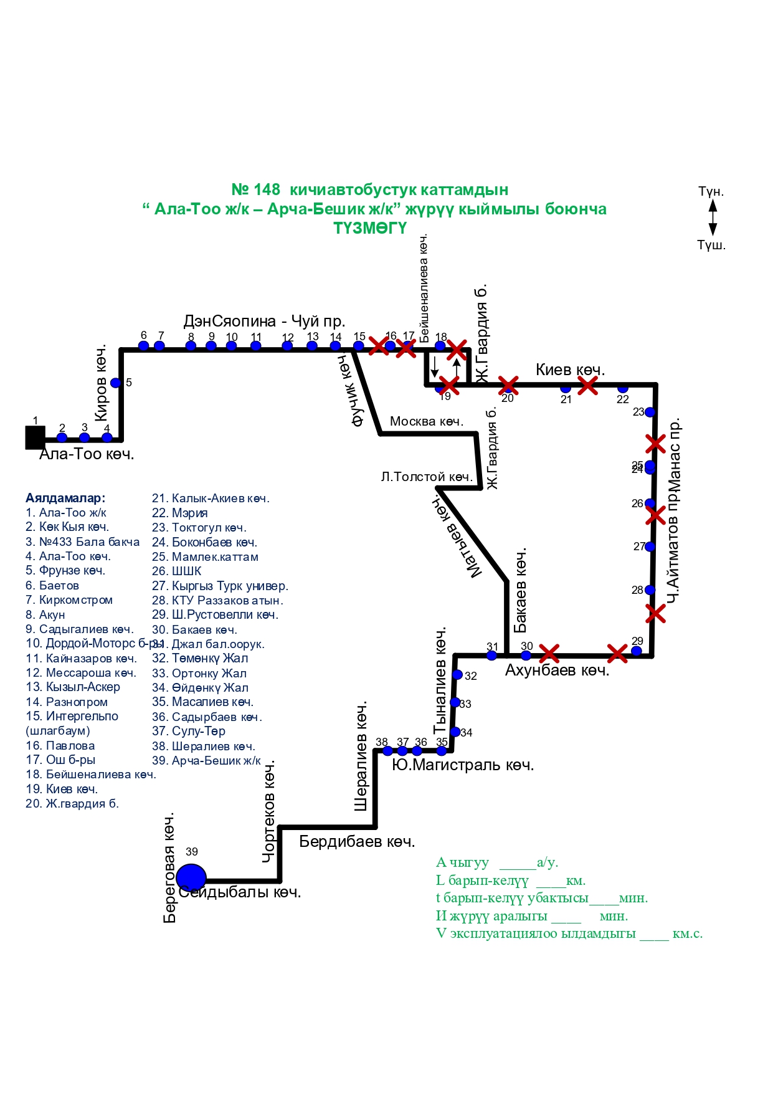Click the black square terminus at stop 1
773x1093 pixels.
(35, 437)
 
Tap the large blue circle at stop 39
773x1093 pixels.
(191, 877)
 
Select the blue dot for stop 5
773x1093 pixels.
(115, 383)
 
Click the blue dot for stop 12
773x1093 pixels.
(287, 346)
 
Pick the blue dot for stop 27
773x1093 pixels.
(650, 546)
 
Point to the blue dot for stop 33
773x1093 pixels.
(455, 703)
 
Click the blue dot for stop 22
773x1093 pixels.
(623, 388)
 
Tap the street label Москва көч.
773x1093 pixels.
(427, 421)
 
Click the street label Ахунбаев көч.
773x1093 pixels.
(557, 671)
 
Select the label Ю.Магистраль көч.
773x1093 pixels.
(463, 765)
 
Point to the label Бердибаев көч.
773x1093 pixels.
(357, 841)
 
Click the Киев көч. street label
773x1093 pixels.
(570, 370)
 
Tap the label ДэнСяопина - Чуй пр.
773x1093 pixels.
(264, 321)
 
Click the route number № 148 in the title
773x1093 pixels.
(255, 189)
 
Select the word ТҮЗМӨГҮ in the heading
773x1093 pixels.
(370, 228)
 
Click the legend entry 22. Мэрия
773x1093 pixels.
(180, 513)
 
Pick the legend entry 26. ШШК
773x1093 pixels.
(177, 571)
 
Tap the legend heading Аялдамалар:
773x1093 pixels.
(65, 498)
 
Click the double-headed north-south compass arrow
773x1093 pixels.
(713, 217)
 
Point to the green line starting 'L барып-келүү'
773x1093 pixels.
(511, 881)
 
